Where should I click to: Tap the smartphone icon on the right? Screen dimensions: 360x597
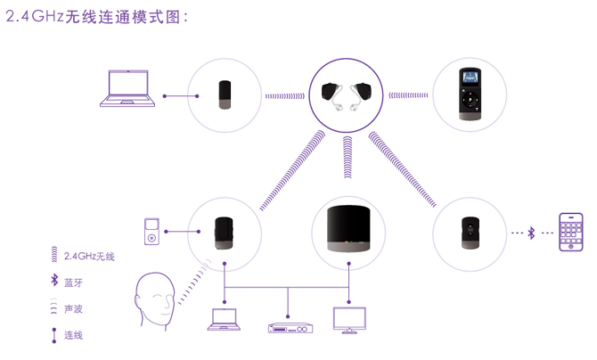[x=571, y=233]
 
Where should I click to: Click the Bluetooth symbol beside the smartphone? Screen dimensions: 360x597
[x=532, y=233]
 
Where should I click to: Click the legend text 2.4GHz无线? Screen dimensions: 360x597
[x=89, y=257]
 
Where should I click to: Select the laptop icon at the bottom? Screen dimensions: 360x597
[x=224, y=320]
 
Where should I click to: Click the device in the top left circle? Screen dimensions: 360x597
[x=225, y=94]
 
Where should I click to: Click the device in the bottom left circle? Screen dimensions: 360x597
[x=225, y=232]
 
